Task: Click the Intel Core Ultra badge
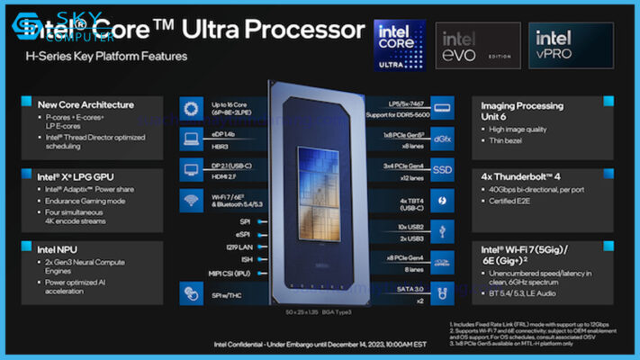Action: coord(400,44)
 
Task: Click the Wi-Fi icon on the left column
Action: coord(192,199)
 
